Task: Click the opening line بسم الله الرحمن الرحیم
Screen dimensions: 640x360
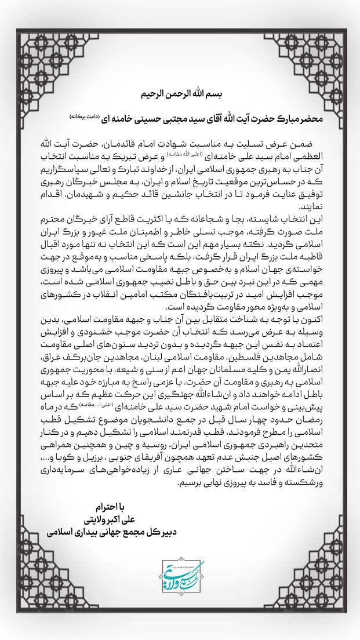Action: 180,93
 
